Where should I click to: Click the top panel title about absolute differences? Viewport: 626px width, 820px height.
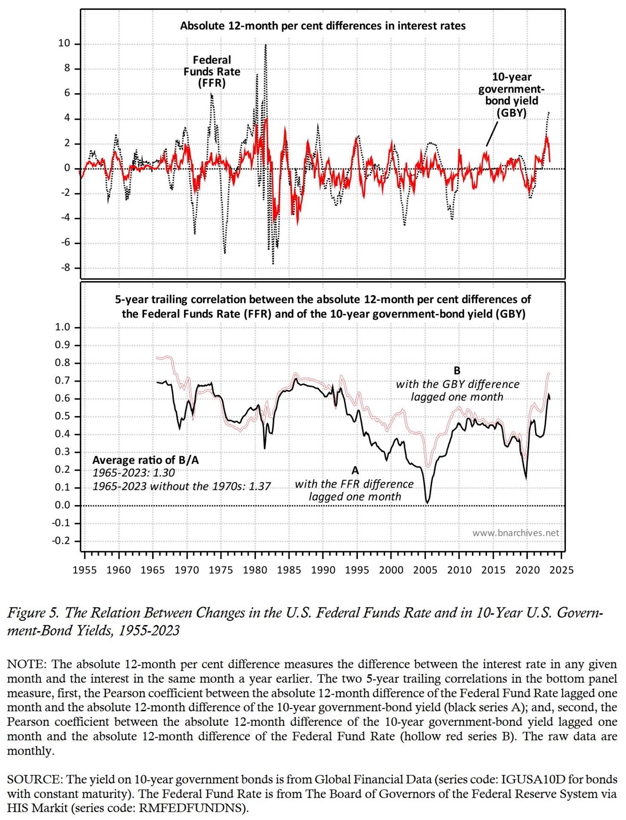tap(322, 26)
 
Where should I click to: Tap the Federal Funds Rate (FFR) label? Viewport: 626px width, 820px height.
tap(212, 71)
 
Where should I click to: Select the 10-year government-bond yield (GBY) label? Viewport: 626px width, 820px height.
tap(511, 95)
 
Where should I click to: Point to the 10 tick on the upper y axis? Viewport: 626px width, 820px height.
tap(64, 43)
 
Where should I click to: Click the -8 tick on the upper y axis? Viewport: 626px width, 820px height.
tap(66, 268)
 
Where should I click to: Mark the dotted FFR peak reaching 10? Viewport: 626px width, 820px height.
tap(266, 45)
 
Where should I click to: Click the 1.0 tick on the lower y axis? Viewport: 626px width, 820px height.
tap(62, 327)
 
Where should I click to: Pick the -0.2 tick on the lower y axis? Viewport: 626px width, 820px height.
tap(61, 541)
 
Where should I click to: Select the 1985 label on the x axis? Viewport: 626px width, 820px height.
tap(289, 570)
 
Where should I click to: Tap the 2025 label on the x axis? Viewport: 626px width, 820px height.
tap(561, 570)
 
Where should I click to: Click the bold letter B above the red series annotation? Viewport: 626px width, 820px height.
tap(457, 371)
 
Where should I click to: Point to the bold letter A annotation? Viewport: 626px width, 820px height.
tap(355, 471)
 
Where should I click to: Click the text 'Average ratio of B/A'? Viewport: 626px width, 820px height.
tap(145, 460)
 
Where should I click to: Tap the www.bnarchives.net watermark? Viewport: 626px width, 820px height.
tap(515, 533)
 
